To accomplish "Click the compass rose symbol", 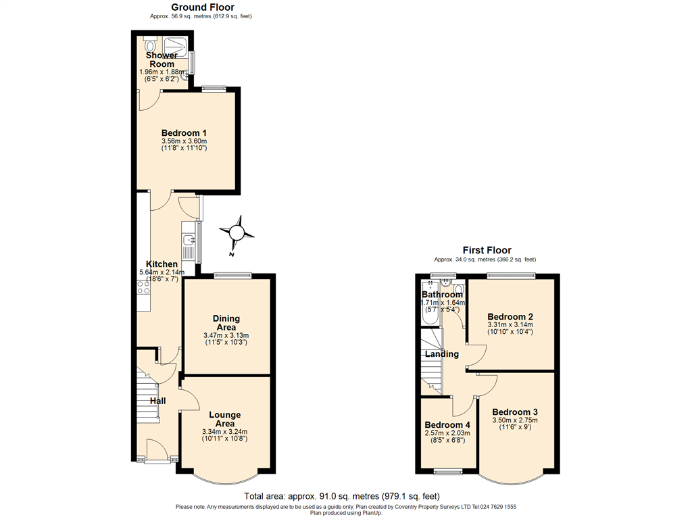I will point(237,233).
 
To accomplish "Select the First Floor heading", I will point(487,250).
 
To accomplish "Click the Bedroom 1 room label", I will point(184,133).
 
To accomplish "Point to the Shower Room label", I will point(157,59).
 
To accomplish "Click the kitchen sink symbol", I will point(189,240).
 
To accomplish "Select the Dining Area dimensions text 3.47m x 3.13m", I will point(226,335).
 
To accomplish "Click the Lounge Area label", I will point(225,419).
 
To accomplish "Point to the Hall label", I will point(157,401).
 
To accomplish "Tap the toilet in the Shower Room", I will point(149,45).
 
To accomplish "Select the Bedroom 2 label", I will point(511,317).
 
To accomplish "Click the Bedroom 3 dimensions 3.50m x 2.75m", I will point(515,420).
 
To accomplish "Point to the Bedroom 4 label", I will point(447,425).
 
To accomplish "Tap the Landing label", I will point(442,354).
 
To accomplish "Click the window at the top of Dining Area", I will point(233,275).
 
